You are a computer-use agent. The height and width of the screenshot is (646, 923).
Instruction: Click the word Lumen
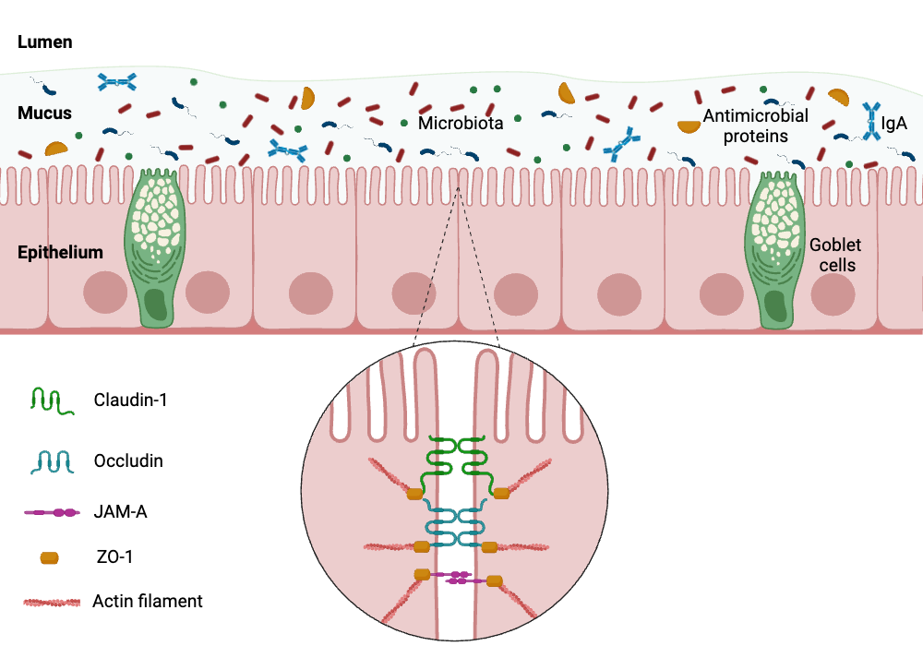[44, 42]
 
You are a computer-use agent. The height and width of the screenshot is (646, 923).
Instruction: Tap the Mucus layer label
[44, 114]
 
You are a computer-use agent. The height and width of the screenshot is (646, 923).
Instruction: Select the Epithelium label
[60, 252]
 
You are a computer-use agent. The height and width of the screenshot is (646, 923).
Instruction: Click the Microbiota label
[461, 123]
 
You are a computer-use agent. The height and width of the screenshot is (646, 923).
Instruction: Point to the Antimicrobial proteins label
[755, 126]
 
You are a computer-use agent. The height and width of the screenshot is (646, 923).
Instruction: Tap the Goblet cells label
[834, 255]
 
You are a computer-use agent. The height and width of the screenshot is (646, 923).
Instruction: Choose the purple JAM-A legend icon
[51, 512]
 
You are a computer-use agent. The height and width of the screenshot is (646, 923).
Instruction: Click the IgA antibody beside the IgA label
[871, 121]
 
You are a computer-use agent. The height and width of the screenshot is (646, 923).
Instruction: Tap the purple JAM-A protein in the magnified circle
[458, 579]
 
